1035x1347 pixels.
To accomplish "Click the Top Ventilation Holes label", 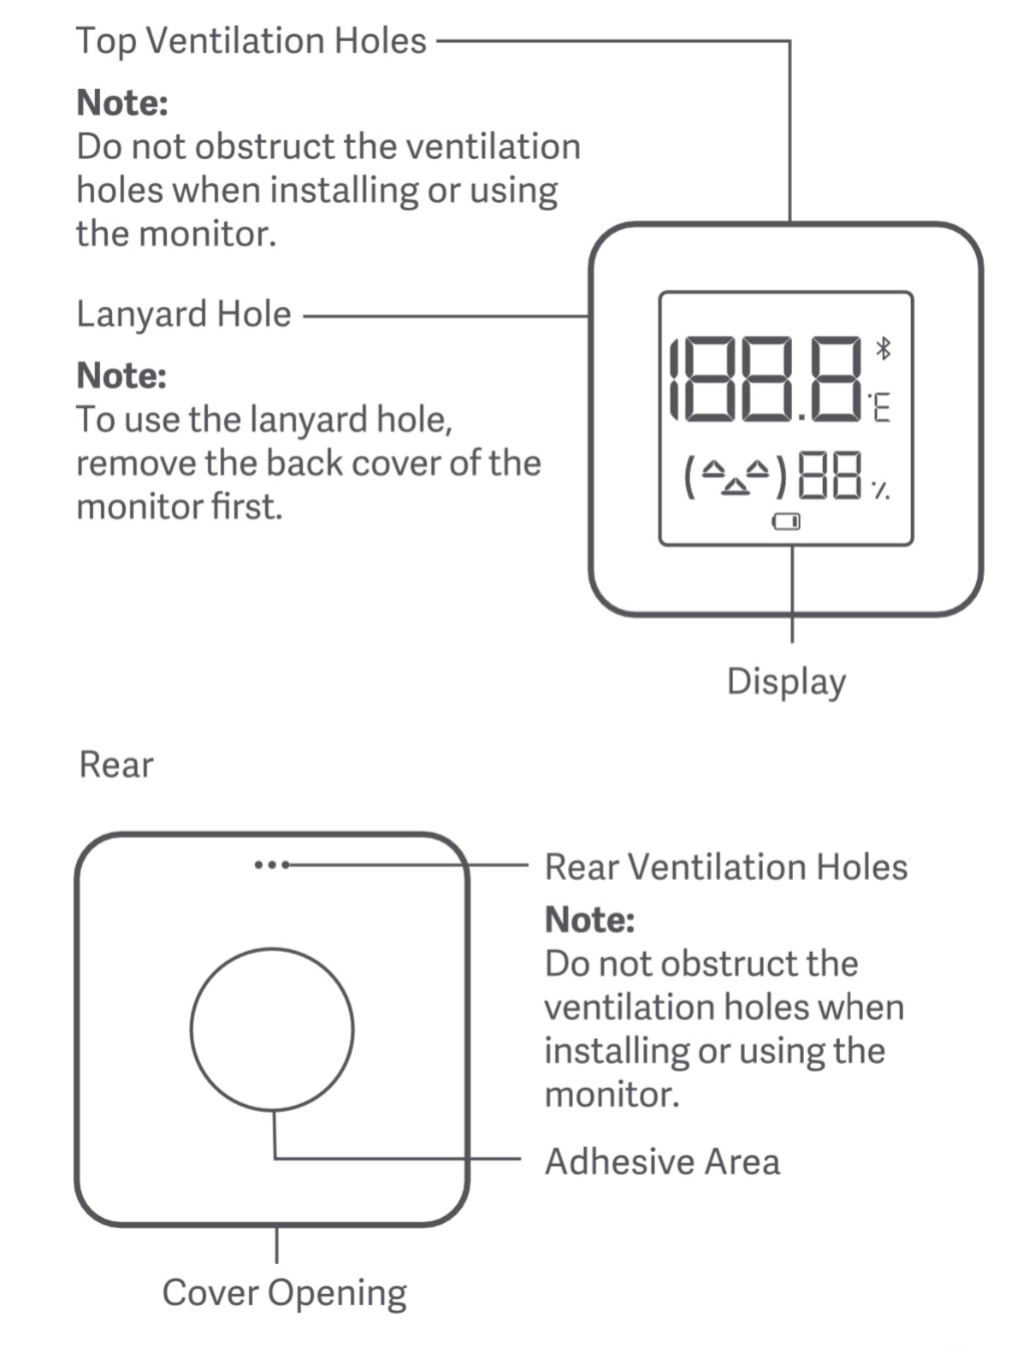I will pyautogui.click(x=251, y=41).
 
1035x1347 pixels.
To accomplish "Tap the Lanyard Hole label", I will pyautogui.click(x=183, y=314).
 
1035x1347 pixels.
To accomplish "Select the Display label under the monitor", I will pyautogui.click(x=786, y=682).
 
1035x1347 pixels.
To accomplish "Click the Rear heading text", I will pyautogui.click(x=116, y=764).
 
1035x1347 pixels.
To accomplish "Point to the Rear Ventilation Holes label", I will pyautogui.click(x=725, y=866).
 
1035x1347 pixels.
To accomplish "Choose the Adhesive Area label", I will pyautogui.click(x=662, y=1161).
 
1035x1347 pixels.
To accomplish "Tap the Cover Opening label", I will pyautogui.click(x=284, y=1292).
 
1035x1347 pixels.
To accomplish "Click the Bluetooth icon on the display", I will pyautogui.click(x=884, y=348).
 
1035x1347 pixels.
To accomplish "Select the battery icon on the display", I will pyautogui.click(x=785, y=521).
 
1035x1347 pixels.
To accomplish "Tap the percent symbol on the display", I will pyautogui.click(x=880, y=490).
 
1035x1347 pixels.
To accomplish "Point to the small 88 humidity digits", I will pyautogui.click(x=828, y=476).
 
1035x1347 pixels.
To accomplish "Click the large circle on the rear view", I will pyautogui.click(x=272, y=1030).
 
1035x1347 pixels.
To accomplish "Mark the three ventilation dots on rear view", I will pyautogui.click(x=271, y=865).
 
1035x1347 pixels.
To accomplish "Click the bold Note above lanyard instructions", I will pyautogui.click(x=121, y=375).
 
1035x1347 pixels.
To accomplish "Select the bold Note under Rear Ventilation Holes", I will pyautogui.click(x=589, y=919).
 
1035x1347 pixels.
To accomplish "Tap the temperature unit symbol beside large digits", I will pyautogui.click(x=879, y=407).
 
